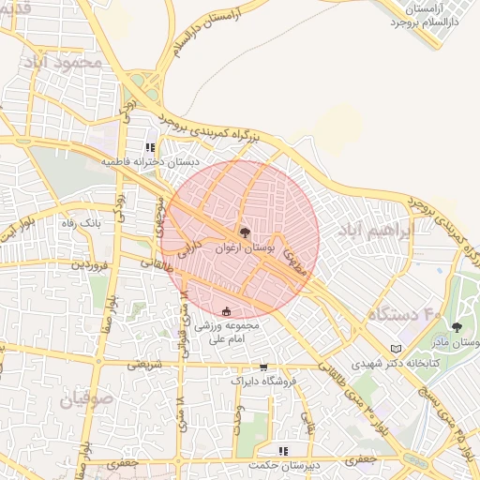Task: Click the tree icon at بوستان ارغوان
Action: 245,231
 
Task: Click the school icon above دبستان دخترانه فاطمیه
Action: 150,147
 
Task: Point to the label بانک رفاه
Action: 80,222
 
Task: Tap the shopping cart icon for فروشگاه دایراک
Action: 262,367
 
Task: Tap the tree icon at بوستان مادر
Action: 457,327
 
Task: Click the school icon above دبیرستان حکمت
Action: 283,451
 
